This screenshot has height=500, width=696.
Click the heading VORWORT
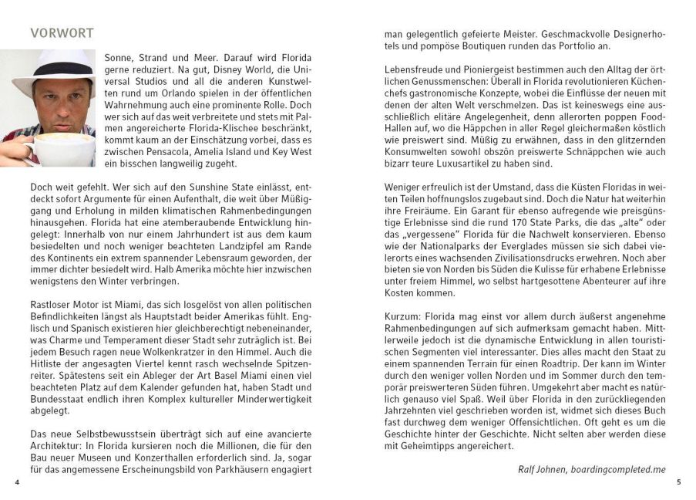click(62, 33)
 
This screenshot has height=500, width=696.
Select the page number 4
click(16, 481)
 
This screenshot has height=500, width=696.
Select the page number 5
click(679, 481)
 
